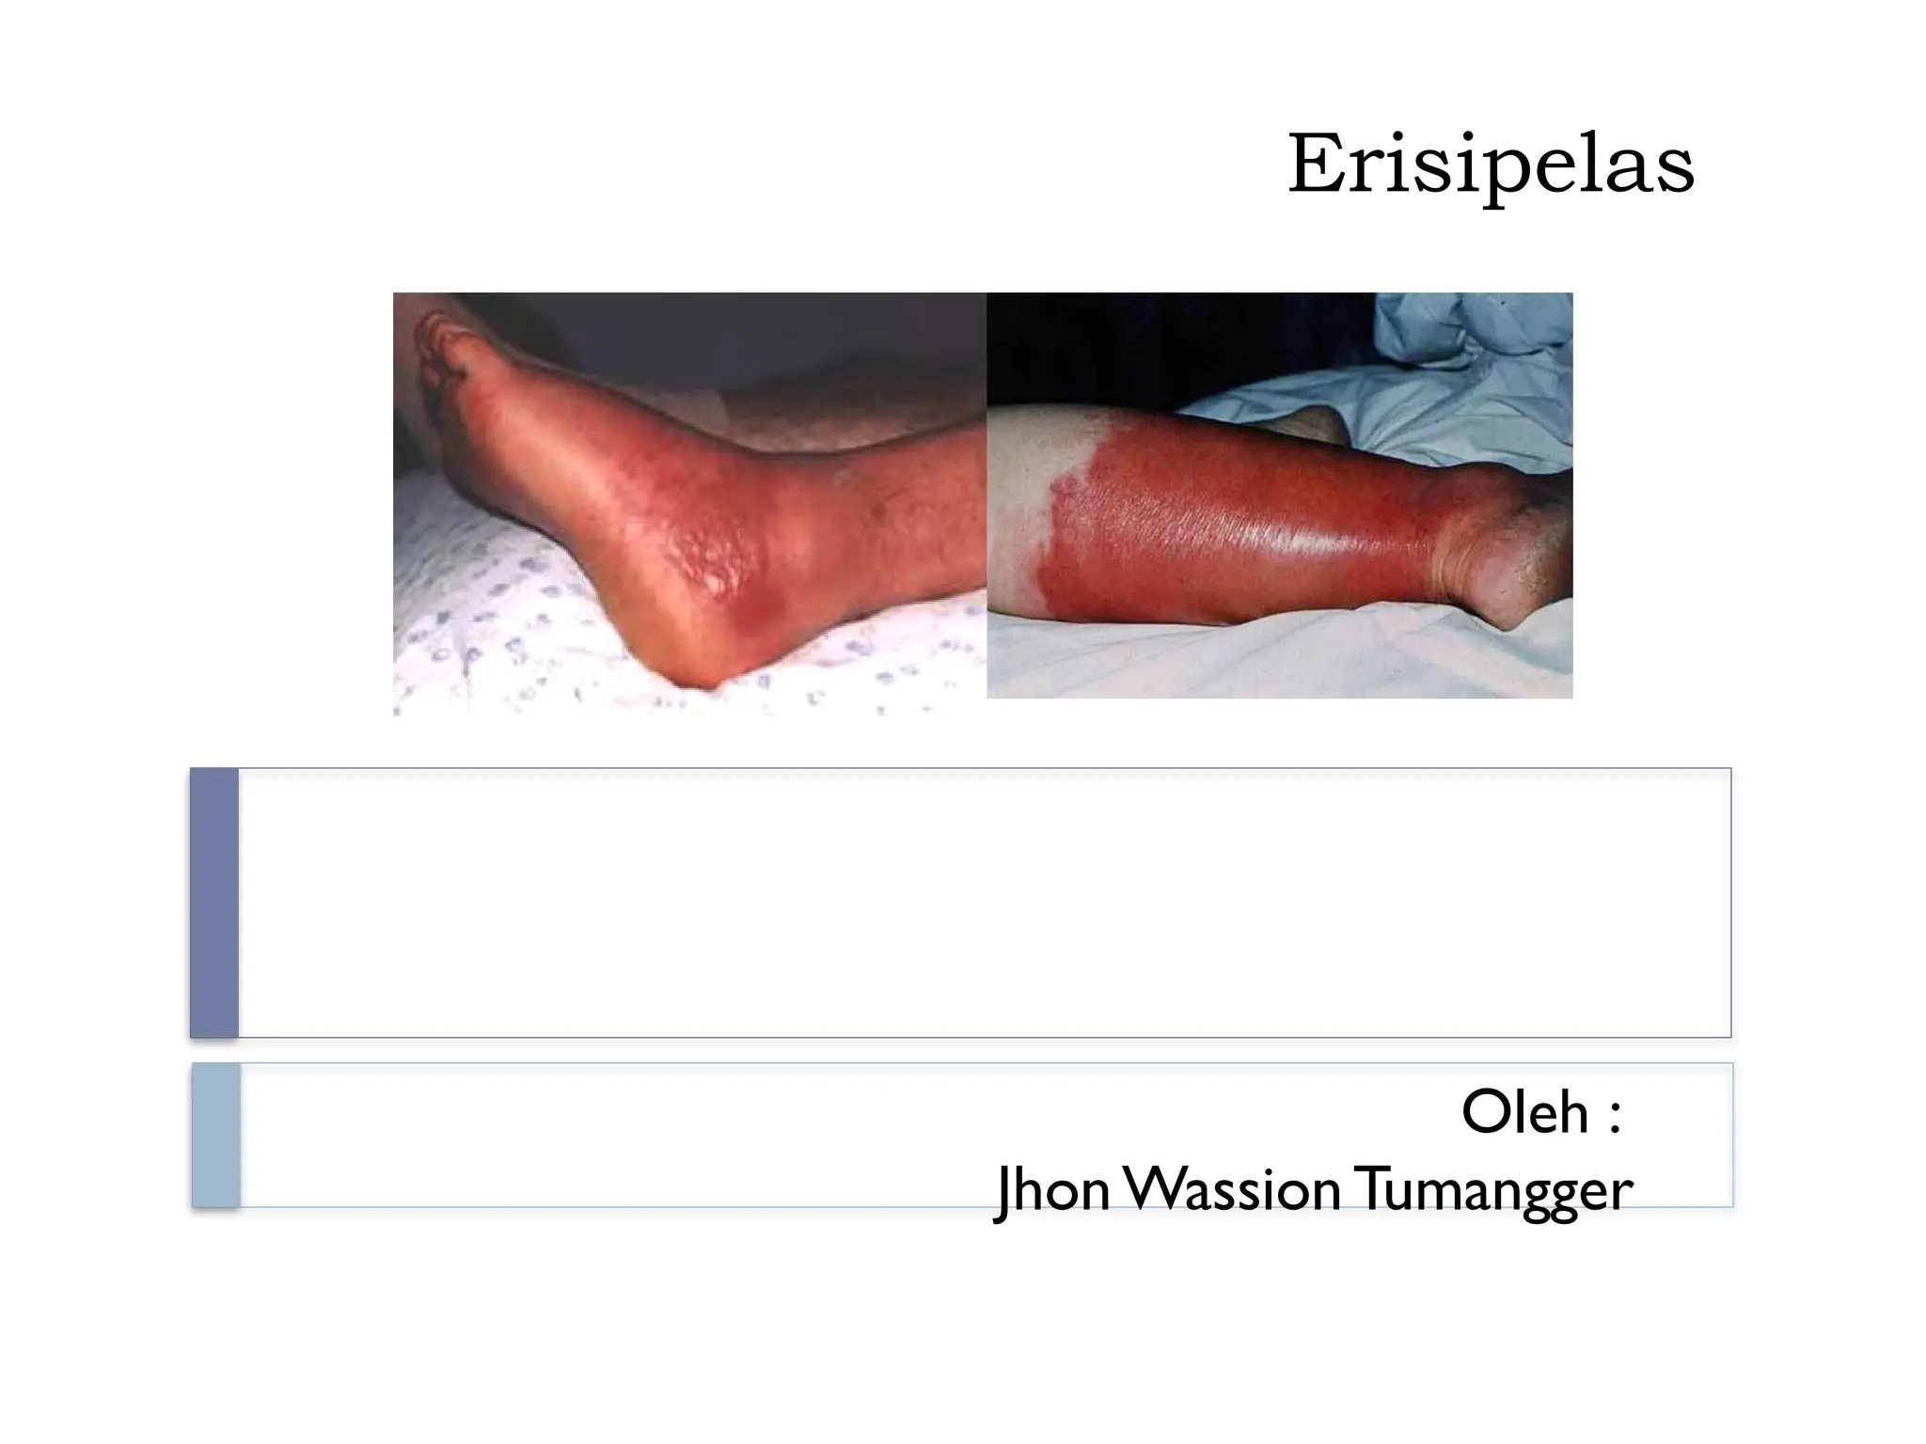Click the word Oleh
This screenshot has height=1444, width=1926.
[x=1524, y=1113]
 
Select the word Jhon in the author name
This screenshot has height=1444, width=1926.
[x=1052, y=1190]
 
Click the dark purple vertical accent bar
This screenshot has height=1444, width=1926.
[x=213, y=902]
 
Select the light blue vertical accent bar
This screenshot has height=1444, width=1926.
[x=215, y=1135]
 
